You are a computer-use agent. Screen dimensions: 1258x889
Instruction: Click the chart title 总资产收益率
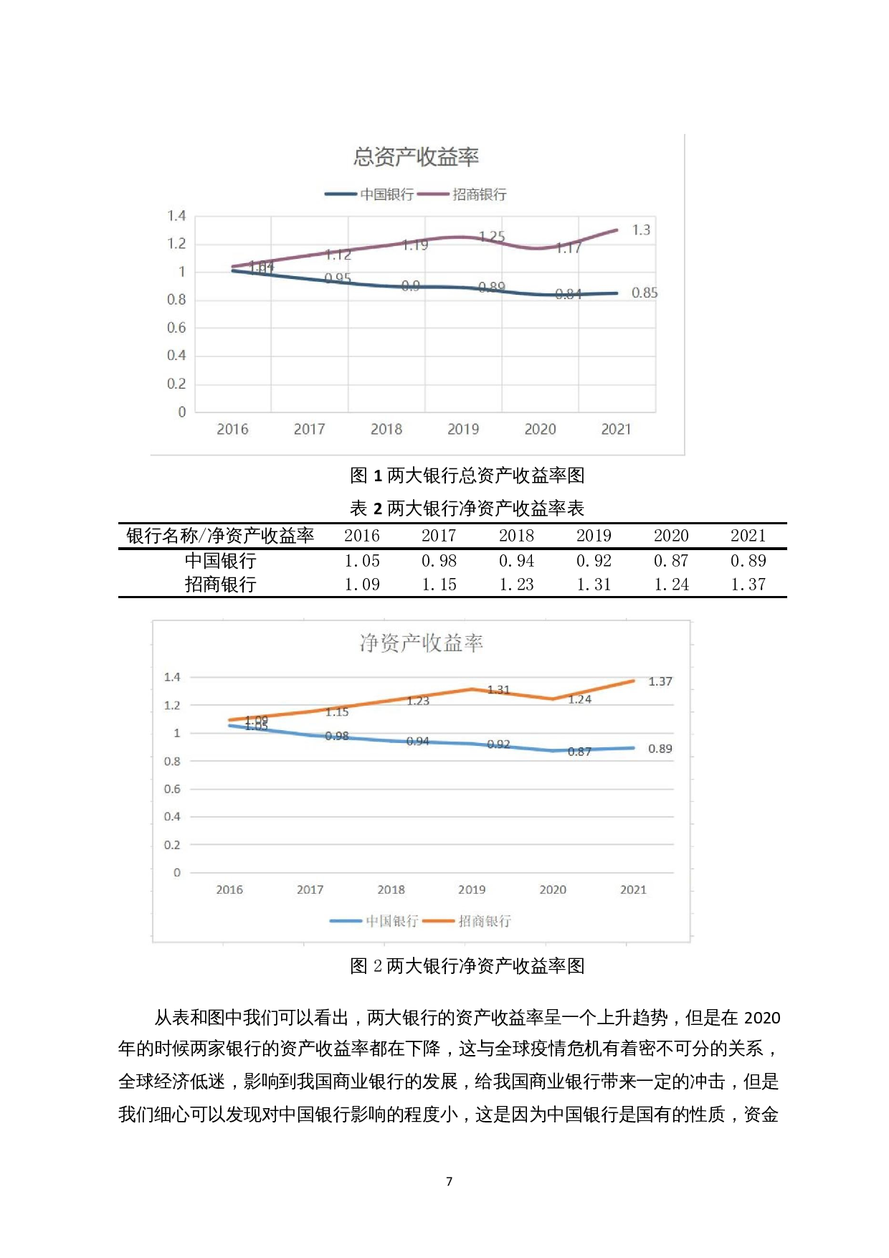416,156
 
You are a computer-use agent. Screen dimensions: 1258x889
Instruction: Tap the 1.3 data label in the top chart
641,230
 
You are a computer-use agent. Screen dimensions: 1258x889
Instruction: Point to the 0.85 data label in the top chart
644,293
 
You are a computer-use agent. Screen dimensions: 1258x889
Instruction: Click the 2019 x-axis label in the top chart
463,429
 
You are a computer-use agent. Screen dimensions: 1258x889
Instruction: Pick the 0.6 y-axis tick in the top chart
176,328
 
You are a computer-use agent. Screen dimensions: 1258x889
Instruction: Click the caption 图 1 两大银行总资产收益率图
467,475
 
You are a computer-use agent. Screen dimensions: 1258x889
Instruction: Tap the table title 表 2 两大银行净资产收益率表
467,508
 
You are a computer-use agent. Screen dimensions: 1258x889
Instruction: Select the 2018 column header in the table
516,536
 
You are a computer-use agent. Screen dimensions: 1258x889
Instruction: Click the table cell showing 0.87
671,561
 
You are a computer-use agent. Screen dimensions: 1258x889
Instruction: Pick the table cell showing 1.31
594,585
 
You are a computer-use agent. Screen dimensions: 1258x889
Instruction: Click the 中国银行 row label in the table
220,561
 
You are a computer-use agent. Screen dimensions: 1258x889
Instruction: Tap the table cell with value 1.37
748,585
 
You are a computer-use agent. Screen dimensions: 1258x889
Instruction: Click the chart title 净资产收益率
421,643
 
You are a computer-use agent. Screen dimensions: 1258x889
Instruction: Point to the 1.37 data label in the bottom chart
660,681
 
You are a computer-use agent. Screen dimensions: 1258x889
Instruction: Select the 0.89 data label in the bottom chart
660,749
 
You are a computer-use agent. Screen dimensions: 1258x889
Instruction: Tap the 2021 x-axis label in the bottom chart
633,889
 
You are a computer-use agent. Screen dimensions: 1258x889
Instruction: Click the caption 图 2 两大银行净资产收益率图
467,966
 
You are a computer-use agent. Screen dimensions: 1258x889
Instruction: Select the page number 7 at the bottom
449,1181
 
